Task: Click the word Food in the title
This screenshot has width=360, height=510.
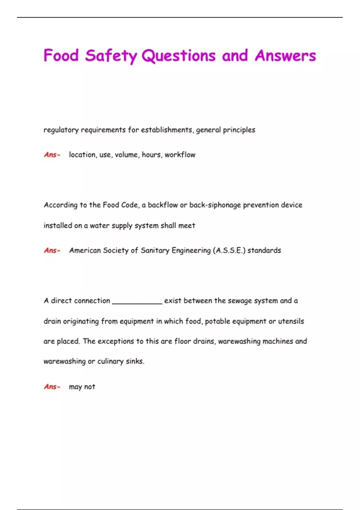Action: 61,55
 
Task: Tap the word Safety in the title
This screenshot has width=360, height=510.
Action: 111,56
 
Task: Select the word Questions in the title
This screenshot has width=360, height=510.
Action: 178,56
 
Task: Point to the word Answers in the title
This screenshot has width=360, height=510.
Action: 285,55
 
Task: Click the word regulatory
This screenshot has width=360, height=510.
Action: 61,130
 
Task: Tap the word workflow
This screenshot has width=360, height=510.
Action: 180,155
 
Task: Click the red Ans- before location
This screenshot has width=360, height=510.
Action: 52,155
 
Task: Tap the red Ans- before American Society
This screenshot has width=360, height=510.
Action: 52,250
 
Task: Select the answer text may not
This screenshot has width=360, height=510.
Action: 82,387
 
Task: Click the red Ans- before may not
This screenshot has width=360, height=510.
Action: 52,387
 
